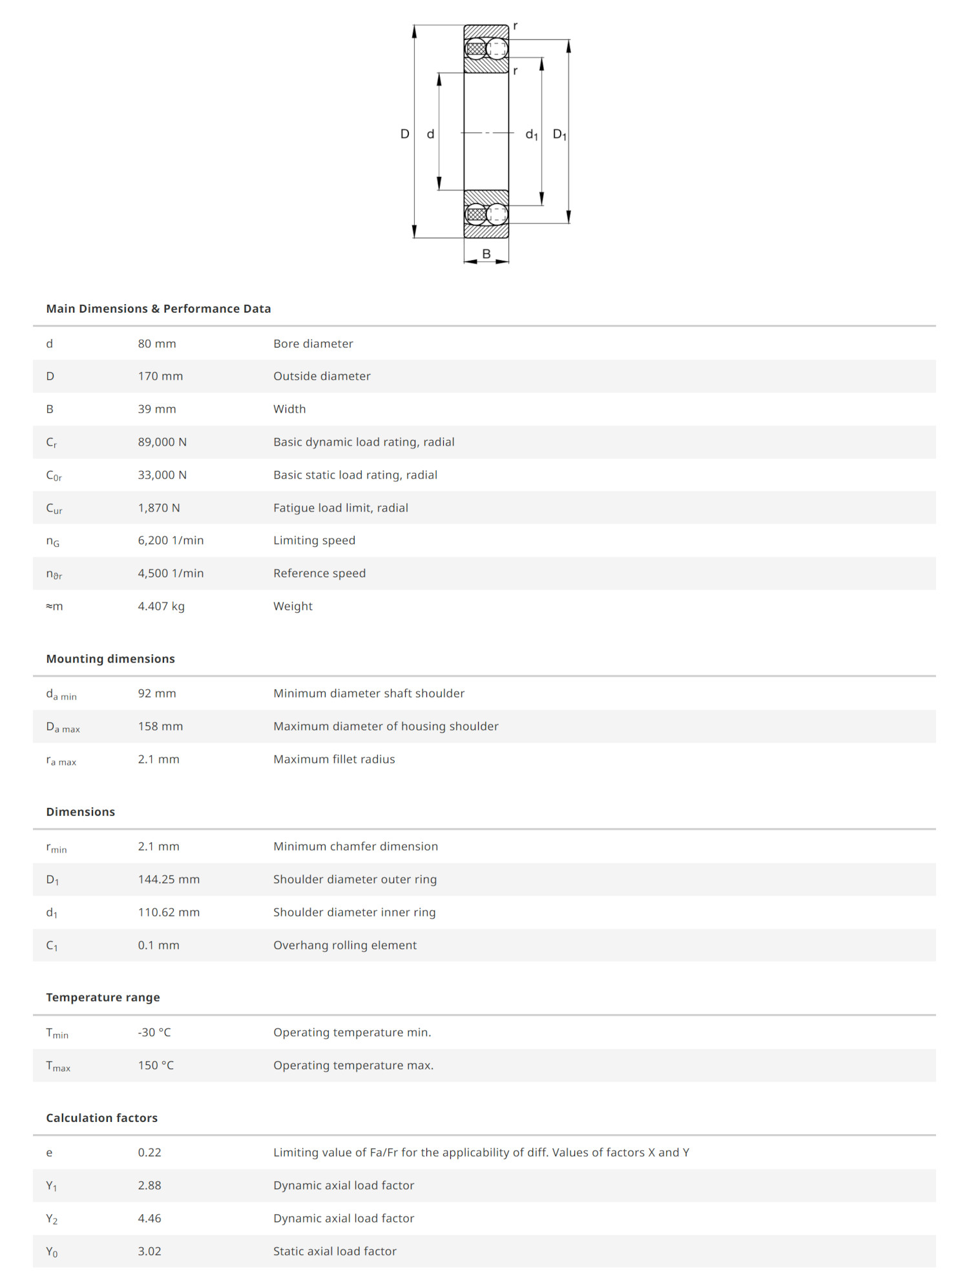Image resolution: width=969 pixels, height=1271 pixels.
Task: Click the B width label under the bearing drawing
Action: tap(486, 254)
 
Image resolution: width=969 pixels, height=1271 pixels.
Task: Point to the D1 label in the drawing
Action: tap(559, 134)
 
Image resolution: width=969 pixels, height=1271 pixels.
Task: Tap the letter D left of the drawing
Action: tap(405, 134)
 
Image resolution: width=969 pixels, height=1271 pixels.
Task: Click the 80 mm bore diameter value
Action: tap(156, 344)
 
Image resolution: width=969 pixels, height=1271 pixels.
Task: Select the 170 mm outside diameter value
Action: tap(160, 376)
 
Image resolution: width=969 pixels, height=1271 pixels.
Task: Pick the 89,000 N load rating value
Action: tap(162, 442)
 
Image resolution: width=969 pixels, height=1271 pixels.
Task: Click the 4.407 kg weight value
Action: tap(161, 606)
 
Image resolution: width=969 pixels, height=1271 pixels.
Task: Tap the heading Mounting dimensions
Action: tap(110, 659)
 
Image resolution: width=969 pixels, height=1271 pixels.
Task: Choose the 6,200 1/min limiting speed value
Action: tap(171, 540)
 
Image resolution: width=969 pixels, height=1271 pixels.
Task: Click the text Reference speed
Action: tap(319, 573)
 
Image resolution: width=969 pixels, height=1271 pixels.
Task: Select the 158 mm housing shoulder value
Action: tap(160, 726)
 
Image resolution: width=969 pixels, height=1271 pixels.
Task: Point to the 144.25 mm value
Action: tap(169, 879)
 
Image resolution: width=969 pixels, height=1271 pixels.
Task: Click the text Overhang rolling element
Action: tap(345, 945)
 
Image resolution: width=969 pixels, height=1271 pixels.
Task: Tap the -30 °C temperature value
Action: tap(154, 1032)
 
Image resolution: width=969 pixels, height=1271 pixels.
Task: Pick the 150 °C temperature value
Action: tap(156, 1065)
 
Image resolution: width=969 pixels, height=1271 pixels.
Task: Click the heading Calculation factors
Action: tap(101, 1118)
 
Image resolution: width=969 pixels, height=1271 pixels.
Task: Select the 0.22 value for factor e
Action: tap(149, 1152)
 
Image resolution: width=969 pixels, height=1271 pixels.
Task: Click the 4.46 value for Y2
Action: tap(149, 1218)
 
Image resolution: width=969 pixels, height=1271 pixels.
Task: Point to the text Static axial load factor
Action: tap(335, 1251)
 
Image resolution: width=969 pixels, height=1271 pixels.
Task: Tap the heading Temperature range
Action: tap(103, 997)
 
